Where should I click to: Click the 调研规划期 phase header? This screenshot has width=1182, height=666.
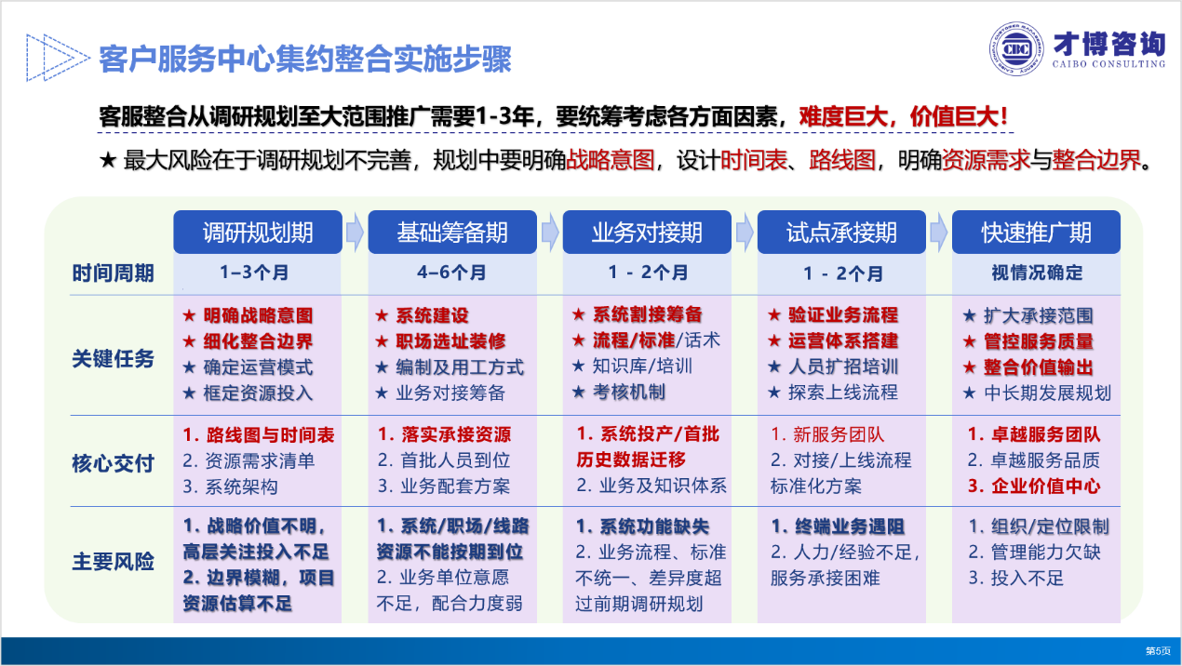point(258,232)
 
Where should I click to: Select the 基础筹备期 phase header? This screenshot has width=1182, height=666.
point(452,232)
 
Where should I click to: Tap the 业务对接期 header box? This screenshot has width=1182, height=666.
point(647,232)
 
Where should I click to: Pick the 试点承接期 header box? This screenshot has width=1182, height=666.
point(841,232)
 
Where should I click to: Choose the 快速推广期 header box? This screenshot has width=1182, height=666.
point(1037,232)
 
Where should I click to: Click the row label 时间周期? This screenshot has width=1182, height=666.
point(113,273)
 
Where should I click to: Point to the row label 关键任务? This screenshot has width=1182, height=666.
point(113,358)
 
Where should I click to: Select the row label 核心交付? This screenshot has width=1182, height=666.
point(113,463)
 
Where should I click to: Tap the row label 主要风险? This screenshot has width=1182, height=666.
point(113,562)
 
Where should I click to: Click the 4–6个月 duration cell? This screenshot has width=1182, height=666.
point(451,273)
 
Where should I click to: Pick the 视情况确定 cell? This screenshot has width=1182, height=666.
point(1037,273)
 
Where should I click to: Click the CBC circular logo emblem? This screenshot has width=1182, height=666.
point(1015,49)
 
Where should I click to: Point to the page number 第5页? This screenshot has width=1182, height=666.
point(1158,651)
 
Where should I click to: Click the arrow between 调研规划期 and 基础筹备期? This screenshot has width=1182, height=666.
point(356,232)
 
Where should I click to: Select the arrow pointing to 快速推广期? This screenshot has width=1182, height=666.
point(939,232)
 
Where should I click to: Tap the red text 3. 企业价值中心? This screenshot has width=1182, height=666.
point(1034,486)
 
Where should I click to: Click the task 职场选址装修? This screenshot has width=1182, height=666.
point(450,341)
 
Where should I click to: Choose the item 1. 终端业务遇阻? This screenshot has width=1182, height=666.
point(838,526)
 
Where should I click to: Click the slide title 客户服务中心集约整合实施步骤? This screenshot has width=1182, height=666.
point(305,59)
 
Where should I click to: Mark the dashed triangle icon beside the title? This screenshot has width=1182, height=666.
point(58,58)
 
